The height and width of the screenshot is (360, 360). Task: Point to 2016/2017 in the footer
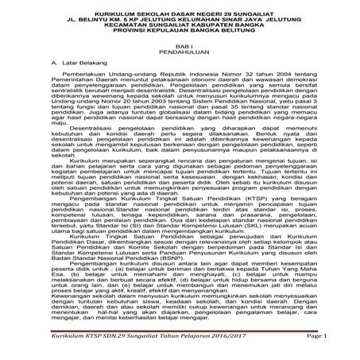pos(227,336)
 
